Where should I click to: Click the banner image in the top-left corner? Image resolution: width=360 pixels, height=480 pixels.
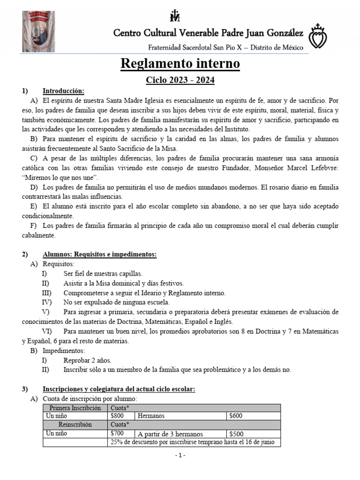pyautogui.click(x=39, y=30)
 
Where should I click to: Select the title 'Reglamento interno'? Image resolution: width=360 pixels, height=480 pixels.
pyautogui.click(x=180, y=64)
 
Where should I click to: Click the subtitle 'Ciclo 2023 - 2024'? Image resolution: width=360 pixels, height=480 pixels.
pyautogui.click(x=180, y=80)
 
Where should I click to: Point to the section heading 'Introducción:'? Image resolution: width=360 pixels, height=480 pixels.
pyautogui.click(x=63, y=90)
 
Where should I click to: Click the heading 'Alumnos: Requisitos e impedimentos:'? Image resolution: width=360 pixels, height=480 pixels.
pyautogui.click(x=99, y=254)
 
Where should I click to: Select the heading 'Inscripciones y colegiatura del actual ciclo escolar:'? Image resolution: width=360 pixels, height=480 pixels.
pyautogui.click(x=119, y=389)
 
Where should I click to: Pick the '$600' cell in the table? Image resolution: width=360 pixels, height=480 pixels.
pyautogui.click(x=235, y=416)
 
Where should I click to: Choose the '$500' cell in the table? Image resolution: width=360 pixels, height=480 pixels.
pyautogui.click(x=235, y=434)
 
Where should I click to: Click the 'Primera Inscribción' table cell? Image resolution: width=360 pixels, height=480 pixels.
pyautogui.click(x=75, y=407)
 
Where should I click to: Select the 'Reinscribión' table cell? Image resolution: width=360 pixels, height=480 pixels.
pyautogui.click(x=75, y=425)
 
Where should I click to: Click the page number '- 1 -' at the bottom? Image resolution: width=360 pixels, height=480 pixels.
pyautogui.click(x=180, y=456)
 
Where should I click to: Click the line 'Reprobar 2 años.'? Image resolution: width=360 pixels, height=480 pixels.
pyautogui.click(x=87, y=360)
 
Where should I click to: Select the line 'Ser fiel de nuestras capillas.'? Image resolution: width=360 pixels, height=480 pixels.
pyautogui.click(x=102, y=273)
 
